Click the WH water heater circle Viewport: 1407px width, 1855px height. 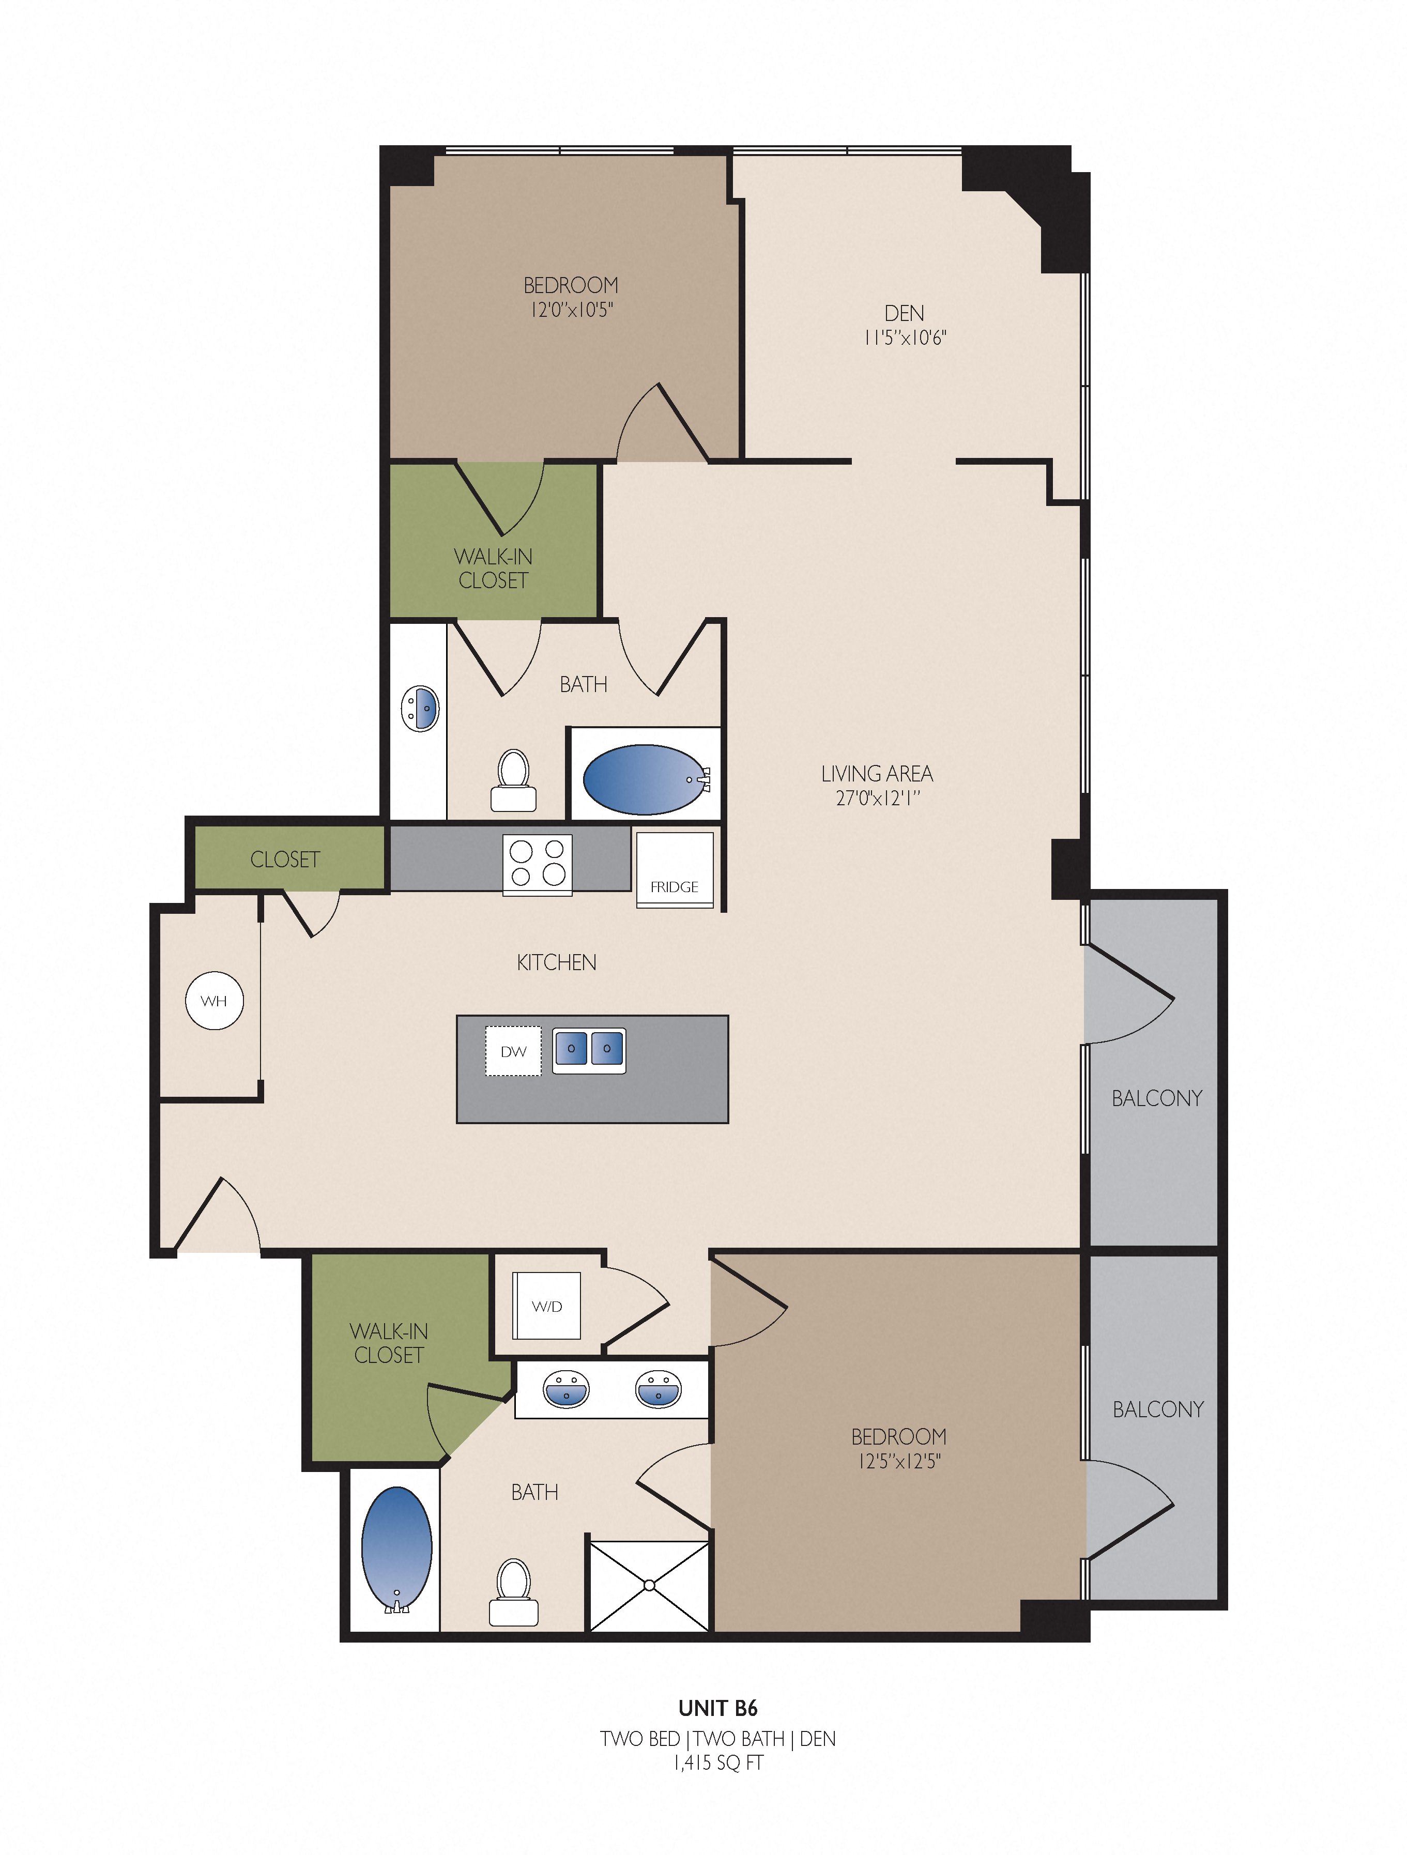point(214,1001)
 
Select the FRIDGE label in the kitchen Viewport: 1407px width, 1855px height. point(674,886)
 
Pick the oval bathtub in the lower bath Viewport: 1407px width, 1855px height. point(396,1550)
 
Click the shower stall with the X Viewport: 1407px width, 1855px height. point(650,1585)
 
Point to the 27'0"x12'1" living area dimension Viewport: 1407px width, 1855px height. point(878,798)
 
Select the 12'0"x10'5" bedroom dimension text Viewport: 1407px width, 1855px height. point(571,310)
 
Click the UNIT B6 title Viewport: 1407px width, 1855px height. point(718,1707)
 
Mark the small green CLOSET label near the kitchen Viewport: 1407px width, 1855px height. point(285,858)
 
